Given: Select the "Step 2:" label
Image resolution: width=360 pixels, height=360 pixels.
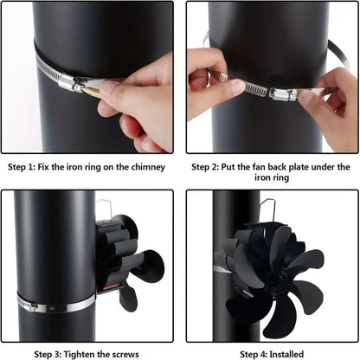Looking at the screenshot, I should [209, 167].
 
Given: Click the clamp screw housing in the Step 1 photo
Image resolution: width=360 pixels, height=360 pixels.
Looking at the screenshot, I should [85, 85].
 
